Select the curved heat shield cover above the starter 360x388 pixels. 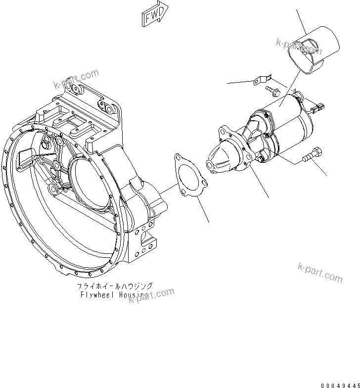click(x=315, y=48)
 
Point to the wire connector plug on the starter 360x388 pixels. click(x=318, y=105)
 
